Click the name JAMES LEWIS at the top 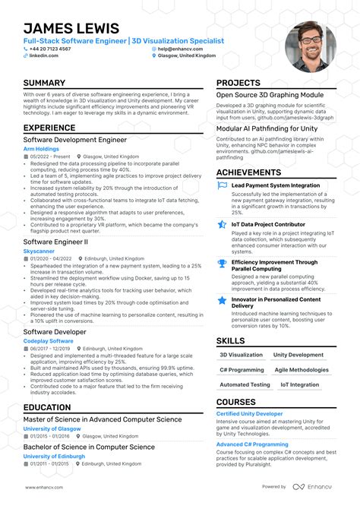point(66,27)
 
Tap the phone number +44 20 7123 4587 point(52,49)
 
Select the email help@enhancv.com point(179,49)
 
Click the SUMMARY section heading point(44,83)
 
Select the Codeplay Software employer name point(48,341)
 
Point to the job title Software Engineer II point(55,241)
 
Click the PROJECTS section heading point(238,83)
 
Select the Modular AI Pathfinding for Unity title point(267,128)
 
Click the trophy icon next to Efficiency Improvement point(222,264)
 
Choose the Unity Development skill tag point(298,355)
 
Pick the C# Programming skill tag point(242,370)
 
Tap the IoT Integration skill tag point(299,385)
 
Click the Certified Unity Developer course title point(249,414)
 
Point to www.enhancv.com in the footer point(43,487)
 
